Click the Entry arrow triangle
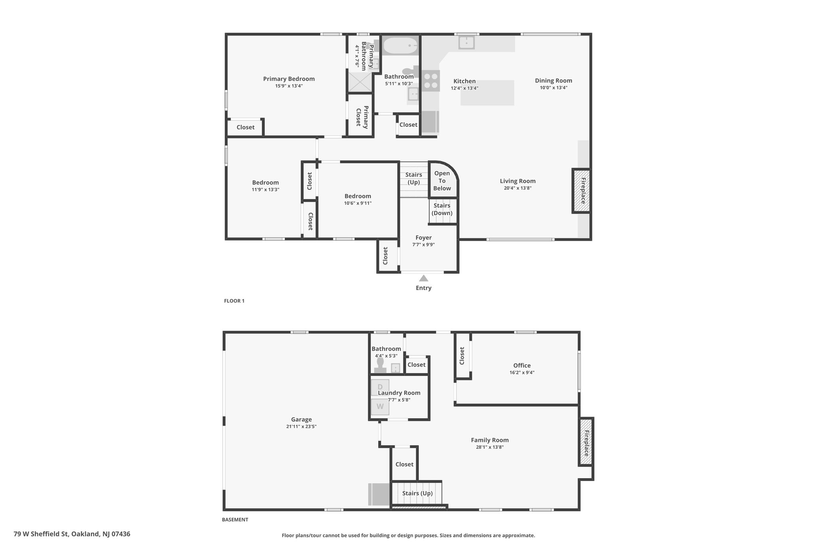coord(424,278)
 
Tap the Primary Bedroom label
coord(289,79)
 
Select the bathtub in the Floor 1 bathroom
coord(401,46)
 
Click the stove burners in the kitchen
coord(431,81)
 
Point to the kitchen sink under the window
coord(466,42)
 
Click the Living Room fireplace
coord(582,191)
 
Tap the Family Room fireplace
coord(586,442)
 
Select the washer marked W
coord(380,407)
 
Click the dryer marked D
coord(380,387)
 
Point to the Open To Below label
coord(442,181)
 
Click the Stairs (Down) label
coord(442,209)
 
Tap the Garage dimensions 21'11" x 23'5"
coord(301,426)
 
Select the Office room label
coord(522,365)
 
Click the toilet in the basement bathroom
coord(380,365)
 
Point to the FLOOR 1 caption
coord(234,301)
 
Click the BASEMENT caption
coord(235,520)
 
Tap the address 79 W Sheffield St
coord(41,534)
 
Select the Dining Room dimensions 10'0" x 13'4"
coord(553,88)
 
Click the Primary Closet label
coord(362,116)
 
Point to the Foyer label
coord(424,238)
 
